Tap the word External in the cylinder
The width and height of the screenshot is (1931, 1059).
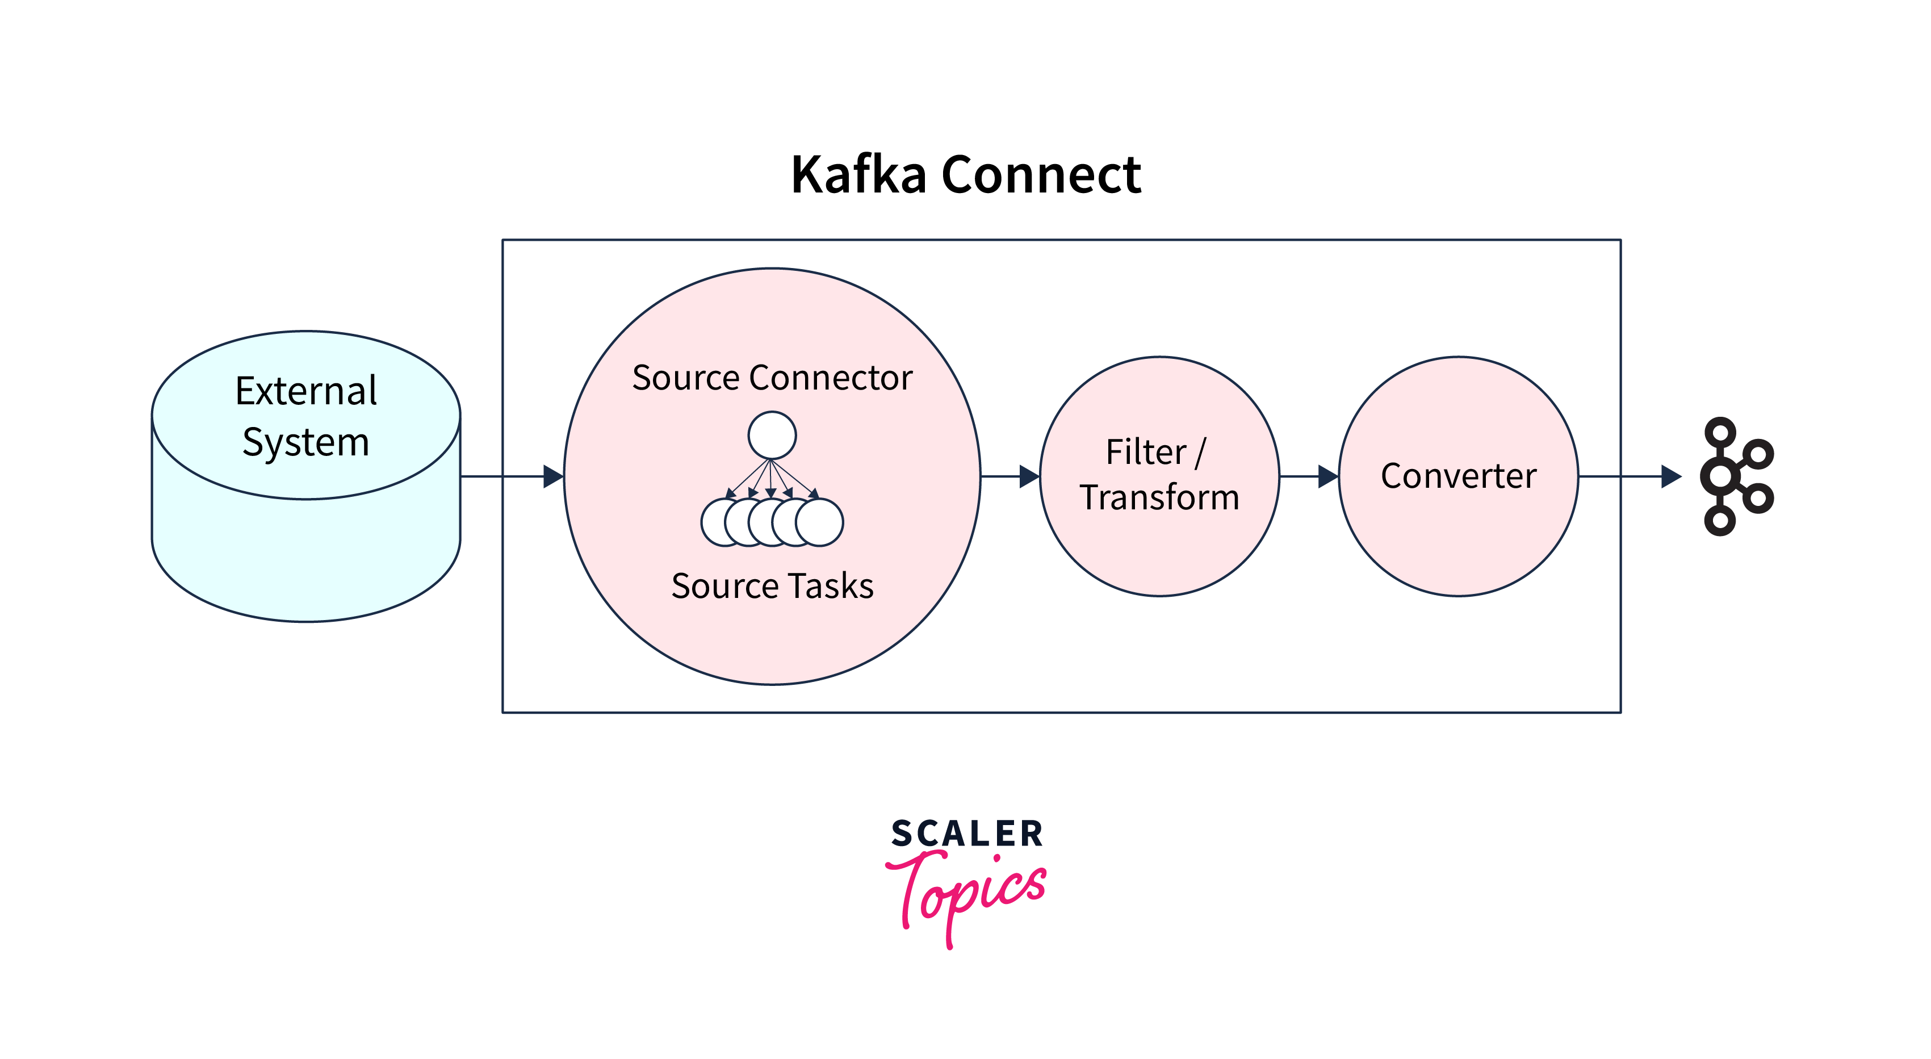coord(306,391)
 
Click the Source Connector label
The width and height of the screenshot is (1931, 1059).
coord(772,377)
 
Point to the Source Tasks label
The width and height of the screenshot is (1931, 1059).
coord(772,585)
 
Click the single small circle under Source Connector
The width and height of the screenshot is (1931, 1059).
coord(772,435)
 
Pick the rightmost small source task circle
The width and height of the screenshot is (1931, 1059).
coord(820,522)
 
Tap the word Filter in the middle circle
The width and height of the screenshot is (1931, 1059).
coord(1145,452)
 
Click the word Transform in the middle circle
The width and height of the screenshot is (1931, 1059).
coord(1159,497)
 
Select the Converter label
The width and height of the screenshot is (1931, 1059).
coord(1458,476)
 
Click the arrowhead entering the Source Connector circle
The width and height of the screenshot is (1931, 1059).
coord(553,476)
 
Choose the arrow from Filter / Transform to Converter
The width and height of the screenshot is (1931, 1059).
coord(1309,476)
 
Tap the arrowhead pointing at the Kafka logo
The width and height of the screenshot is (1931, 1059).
coord(1671,476)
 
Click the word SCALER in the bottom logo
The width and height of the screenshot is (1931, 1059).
coord(967,834)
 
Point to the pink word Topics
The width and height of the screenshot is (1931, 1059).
coord(967,892)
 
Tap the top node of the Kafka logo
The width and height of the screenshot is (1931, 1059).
coord(1720,433)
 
